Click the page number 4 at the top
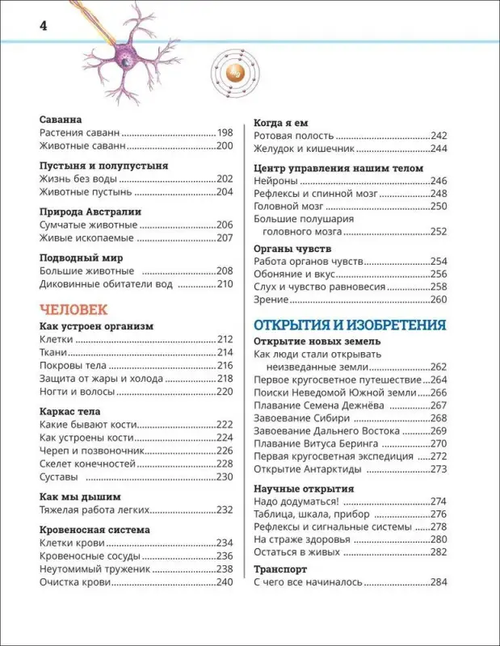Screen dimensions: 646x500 (x=44, y=26)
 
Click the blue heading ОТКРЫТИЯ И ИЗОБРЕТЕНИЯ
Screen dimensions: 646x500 (x=350, y=325)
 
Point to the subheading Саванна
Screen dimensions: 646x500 (x=62, y=118)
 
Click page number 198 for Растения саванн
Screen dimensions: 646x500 (x=225, y=132)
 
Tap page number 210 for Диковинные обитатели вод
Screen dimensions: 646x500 (x=225, y=284)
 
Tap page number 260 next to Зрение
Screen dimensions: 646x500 (x=439, y=300)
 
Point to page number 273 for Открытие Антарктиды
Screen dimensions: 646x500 (x=439, y=469)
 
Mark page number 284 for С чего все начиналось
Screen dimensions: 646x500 (x=439, y=581)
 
